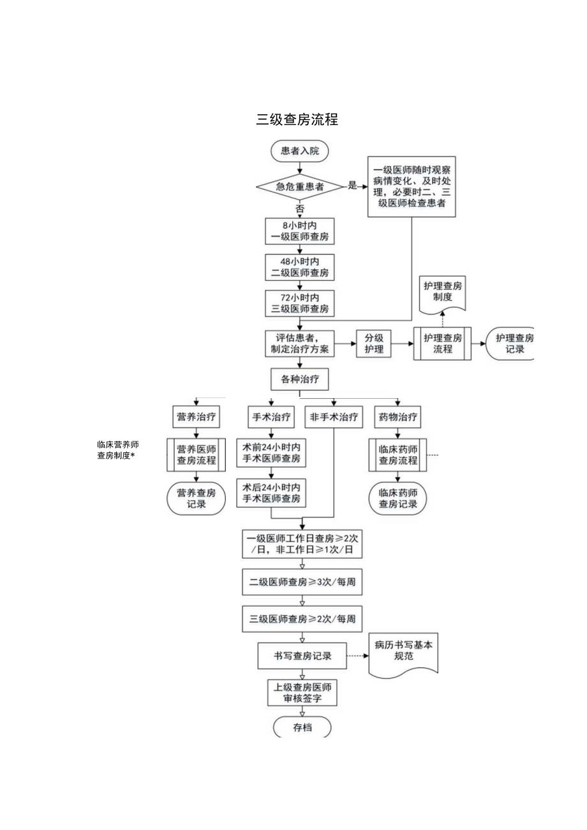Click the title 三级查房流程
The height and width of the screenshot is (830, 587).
point(297,119)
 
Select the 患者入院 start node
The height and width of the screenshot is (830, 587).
point(300,151)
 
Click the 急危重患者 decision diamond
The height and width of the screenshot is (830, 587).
point(300,187)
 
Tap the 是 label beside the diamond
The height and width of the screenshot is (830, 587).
point(352,186)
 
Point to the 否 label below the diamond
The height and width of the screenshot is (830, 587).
point(300,208)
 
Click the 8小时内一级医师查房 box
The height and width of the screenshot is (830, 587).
point(300,230)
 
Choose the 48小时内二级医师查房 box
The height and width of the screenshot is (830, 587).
point(300,267)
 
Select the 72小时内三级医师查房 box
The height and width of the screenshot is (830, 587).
point(300,303)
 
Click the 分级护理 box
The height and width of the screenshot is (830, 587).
point(373,343)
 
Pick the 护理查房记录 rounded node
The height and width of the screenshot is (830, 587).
point(511,343)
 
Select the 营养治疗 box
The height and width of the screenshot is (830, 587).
point(196,418)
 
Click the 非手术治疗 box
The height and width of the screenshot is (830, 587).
point(334,418)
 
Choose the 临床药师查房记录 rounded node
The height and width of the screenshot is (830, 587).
point(398,498)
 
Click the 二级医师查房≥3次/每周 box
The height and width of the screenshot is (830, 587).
point(302,582)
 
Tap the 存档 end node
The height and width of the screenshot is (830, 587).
point(302,728)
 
